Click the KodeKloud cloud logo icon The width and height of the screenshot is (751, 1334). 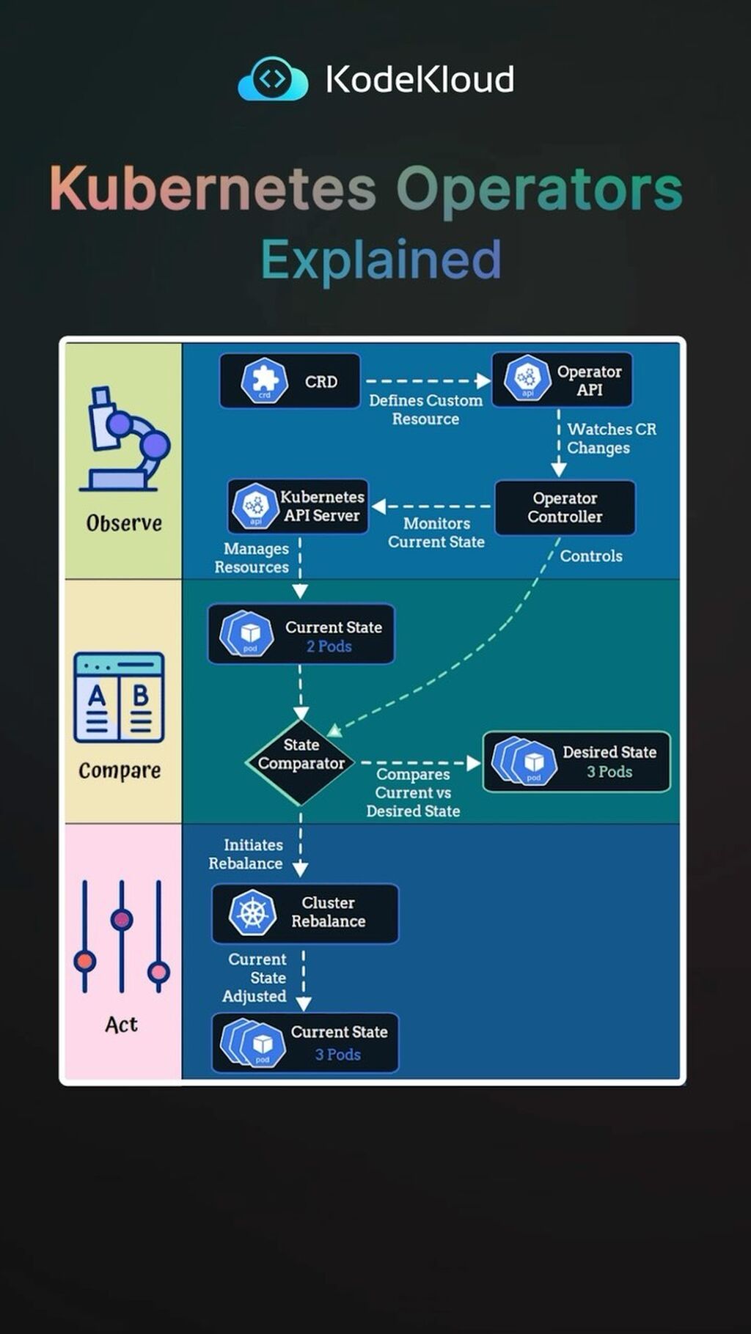point(273,78)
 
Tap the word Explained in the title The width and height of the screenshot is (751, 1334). point(381,259)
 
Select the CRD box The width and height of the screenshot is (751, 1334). point(290,381)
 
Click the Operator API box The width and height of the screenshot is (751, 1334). point(562,380)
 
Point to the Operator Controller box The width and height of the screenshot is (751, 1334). point(565,507)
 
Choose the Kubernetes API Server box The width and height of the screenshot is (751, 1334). point(298,506)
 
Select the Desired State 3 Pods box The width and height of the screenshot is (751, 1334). point(576,762)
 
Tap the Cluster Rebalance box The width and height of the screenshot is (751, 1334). point(305,913)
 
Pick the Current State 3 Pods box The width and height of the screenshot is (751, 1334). point(305,1042)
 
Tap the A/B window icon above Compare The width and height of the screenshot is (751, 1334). point(119,698)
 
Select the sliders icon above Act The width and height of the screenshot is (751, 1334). point(122,937)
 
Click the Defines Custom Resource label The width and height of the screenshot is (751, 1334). point(425,410)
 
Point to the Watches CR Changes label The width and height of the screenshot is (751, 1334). point(611,438)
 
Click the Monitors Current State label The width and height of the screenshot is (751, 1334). point(436,533)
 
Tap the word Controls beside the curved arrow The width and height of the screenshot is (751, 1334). point(591,556)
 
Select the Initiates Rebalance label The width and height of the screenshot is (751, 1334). point(247,855)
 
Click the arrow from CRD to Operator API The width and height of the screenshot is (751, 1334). point(427,381)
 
